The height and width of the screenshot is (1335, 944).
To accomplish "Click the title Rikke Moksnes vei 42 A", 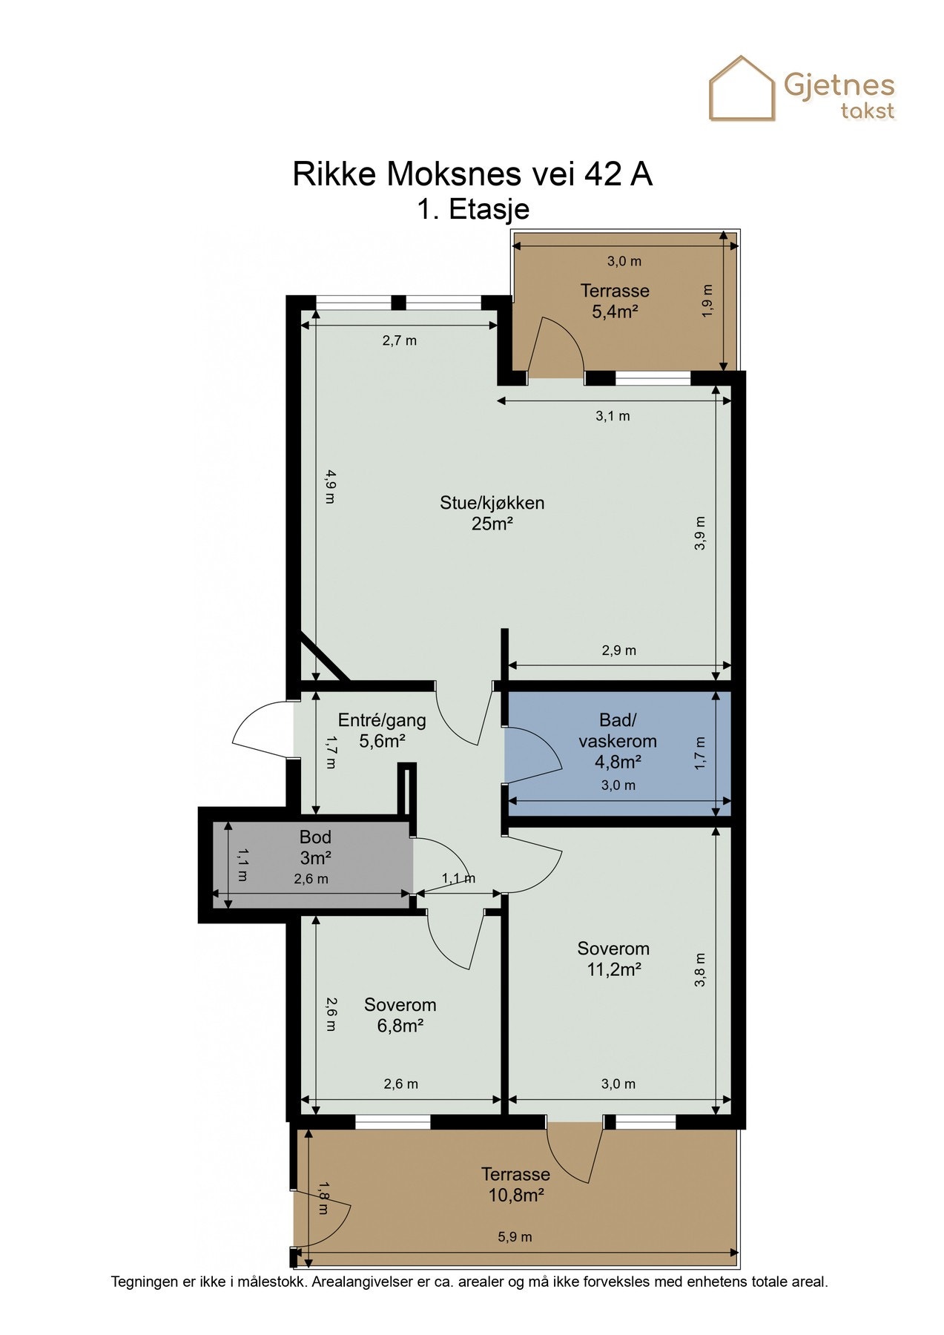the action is pyautogui.click(x=472, y=174).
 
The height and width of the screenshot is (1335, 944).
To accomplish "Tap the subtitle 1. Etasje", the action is pyautogui.click(x=473, y=209).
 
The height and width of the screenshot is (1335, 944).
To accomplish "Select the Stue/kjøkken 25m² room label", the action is pyautogui.click(x=492, y=513).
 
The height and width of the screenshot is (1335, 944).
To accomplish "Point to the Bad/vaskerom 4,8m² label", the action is pyautogui.click(x=618, y=740).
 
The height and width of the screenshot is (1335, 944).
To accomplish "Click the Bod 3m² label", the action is pyautogui.click(x=315, y=848).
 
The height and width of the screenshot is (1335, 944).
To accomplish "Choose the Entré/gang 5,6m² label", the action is pyautogui.click(x=382, y=730).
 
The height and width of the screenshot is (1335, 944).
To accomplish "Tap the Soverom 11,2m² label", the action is pyautogui.click(x=613, y=959).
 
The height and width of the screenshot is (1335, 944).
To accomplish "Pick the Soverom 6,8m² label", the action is pyautogui.click(x=400, y=1015).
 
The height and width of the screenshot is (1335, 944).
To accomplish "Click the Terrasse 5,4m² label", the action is pyautogui.click(x=615, y=301).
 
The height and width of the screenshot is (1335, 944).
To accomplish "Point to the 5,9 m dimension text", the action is pyautogui.click(x=515, y=1236).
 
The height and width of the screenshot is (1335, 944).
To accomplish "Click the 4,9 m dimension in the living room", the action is pyautogui.click(x=329, y=487).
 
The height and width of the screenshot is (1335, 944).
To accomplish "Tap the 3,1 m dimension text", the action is pyautogui.click(x=613, y=416).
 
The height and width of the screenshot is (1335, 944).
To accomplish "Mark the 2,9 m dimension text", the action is pyautogui.click(x=618, y=650).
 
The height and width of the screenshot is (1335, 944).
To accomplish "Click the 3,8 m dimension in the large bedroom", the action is pyautogui.click(x=699, y=969).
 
